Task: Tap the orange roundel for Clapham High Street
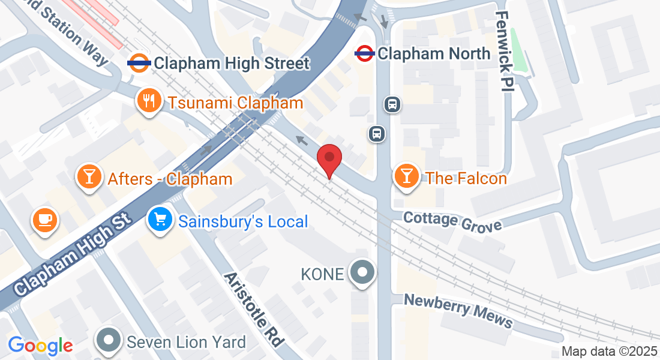click(x=139, y=62)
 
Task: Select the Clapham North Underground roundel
click(x=364, y=53)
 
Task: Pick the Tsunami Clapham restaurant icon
click(x=148, y=101)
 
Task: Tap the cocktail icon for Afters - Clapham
click(x=89, y=177)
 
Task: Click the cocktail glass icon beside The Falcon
click(x=406, y=176)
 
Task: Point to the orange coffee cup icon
click(x=44, y=219)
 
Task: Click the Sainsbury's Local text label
click(x=243, y=221)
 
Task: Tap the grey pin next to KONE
click(x=362, y=273)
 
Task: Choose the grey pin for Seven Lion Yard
click(x=109, y=340)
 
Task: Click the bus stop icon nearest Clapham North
click(x=392, y=104)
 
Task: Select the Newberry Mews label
click(x=458, y=311)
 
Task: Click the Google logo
click(x=40, y=345)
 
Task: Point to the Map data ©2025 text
click(x=608, y=352)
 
